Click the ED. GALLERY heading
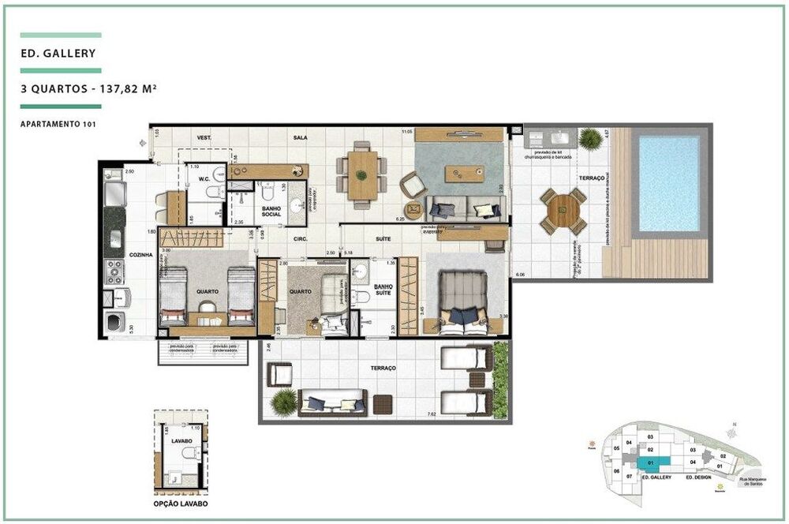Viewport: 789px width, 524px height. tap(59, 54)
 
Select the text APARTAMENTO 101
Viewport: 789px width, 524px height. tap(59, 124)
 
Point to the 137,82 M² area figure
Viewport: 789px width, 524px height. tap(125, 89)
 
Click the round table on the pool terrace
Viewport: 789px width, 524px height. tap(563, 211)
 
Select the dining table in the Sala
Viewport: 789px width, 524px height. tap(362, 174)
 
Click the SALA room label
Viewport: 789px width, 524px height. tap(300, 137)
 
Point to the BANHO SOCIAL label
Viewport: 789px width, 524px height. tap(271, 211)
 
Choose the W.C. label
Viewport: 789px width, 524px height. tap(203, 178)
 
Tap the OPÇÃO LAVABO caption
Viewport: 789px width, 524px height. tap(181, 503)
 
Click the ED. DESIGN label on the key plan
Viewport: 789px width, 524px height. tap(699, 478)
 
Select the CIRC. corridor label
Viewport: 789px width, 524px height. tap(299, 238)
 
